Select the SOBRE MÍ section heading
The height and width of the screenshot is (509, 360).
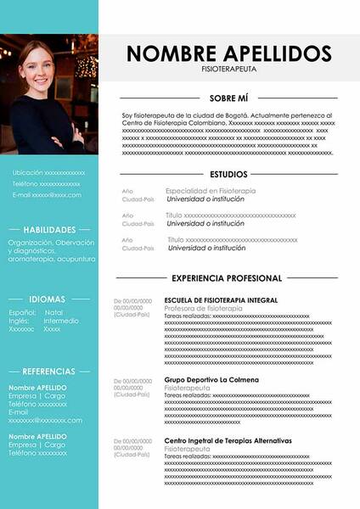click(x=228, y=98)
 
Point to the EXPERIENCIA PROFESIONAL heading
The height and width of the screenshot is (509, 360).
click(x=227, y=278)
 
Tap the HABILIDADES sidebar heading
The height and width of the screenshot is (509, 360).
click(x=49, y=230)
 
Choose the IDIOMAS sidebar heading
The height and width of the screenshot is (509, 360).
click(x=49, y=299)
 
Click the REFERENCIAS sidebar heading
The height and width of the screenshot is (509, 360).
click(x=49, y=372)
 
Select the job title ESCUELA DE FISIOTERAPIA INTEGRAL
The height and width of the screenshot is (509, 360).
click(x=221, y=300)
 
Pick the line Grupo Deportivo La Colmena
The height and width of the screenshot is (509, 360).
click(x=211, y=379)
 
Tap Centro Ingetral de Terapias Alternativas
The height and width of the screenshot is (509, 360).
click(x=228, y=441)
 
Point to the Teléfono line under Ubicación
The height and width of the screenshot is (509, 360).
click(x=46, y=183)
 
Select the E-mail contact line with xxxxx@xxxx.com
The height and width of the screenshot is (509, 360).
click(x=47, y=194)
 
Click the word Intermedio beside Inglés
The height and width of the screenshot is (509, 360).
click(x=61, y=321)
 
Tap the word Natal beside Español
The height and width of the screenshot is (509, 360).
click(x=53, y=312)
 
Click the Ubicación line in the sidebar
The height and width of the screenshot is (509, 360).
click(x=48, y=172)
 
